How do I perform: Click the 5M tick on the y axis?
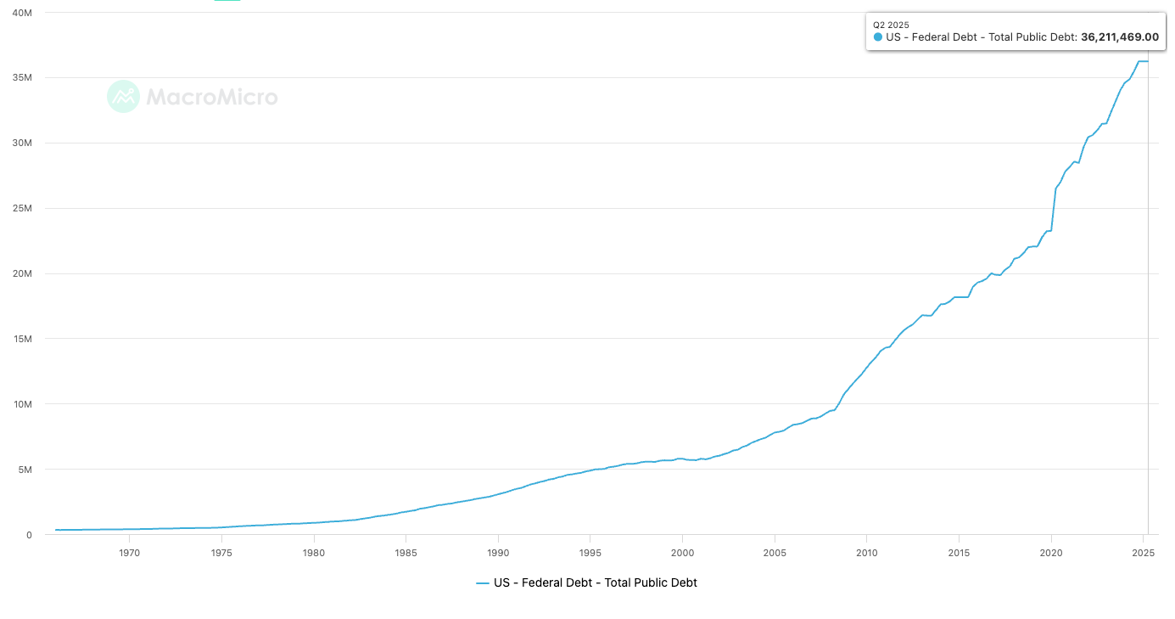click(25, 470)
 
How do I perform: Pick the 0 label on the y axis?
click(29, 535)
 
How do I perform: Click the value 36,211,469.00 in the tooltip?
click(1119, 37)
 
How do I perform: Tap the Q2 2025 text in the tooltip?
click(891, 25)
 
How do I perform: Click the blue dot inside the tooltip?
click(878, 37)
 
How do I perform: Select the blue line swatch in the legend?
click(483, 583)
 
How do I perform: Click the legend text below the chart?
click(595, 583)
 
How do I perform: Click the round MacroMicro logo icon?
click(123, 97)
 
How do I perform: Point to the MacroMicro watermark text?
click(212, 97)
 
